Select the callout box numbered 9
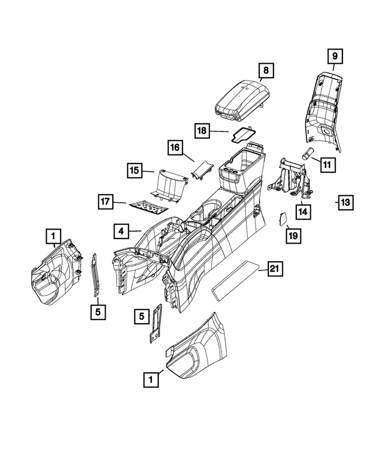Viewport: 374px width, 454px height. pos(335,57)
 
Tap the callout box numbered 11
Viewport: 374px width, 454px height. pos(328,165)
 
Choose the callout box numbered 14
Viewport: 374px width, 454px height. pos(303,210)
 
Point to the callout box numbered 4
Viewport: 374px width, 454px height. pos(121,231)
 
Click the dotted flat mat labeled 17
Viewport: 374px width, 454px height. pos(147,204)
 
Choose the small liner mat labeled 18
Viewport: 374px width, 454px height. pos(241,135)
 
